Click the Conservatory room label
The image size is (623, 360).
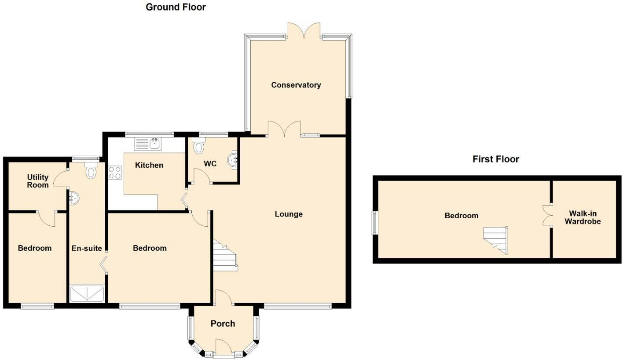tap(296, 85)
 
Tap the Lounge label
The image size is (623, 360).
tap(289, 214)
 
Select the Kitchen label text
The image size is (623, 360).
tap(149, 165)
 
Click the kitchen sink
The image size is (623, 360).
tap(148, 144)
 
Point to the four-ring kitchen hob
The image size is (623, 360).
tap(115, 173)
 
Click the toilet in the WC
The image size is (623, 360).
tap(198, 146)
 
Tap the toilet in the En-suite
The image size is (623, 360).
tap(91, 170)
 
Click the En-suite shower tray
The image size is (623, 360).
tap(87, 293)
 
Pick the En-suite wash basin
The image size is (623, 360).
tap(73, 198)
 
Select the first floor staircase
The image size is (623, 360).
tap(495, 241)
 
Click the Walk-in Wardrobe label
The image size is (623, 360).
tap(583, 217)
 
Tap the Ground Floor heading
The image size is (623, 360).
tap(176, 7)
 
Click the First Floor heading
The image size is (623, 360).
tap(496, 159)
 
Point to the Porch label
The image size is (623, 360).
tap(223, 323)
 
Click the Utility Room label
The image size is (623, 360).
tap(38, 181)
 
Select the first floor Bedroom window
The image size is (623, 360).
tap(375, 223)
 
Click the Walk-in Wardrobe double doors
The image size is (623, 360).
tap(547, 215)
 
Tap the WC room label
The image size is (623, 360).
tap(210, 164)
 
